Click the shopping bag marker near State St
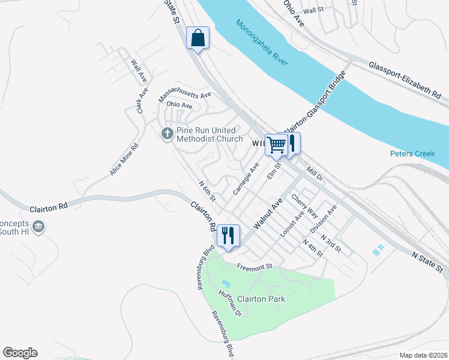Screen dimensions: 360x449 point(197,38)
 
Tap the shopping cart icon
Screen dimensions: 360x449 point(276,144)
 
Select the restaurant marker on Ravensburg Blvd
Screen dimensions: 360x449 point(228,236)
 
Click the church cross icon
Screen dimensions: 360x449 point(168,133)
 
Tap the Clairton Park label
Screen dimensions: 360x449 point(261,298)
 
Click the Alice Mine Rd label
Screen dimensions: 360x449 point(124,160)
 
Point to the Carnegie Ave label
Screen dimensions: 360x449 point(246,178)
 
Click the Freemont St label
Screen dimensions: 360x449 point(255,267)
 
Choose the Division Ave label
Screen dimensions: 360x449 point(323,219)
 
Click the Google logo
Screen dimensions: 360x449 point(20,353)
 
